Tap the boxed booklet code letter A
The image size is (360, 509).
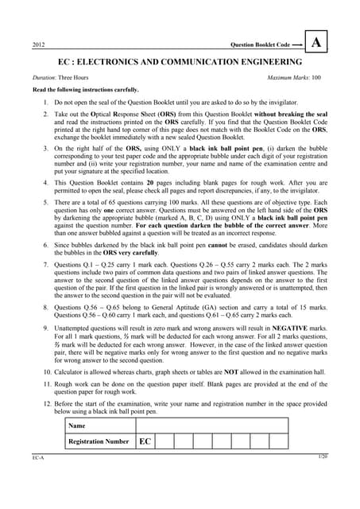[x=316, y=43]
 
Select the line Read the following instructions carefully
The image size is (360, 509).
[x=79, y=91]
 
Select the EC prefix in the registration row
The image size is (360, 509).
[x=145, y=441]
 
